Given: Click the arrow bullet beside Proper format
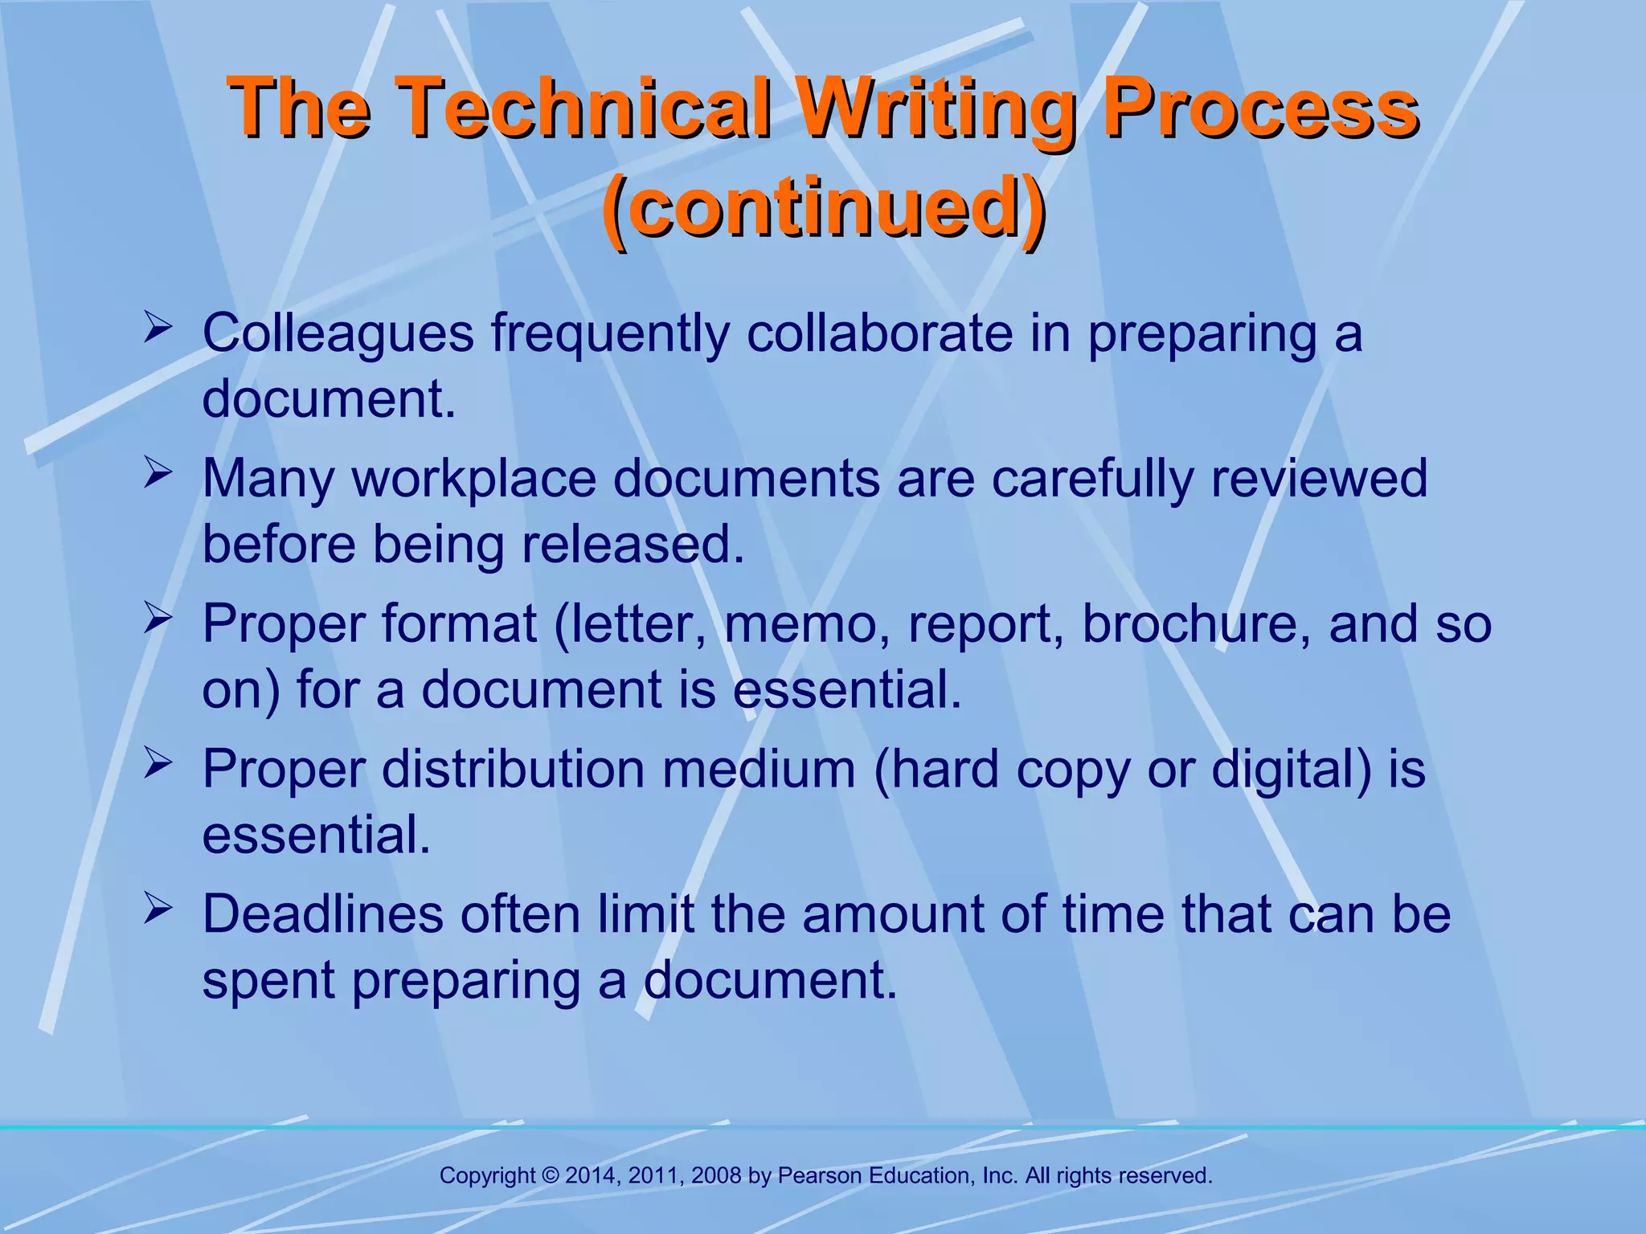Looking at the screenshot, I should [x=158, y=619].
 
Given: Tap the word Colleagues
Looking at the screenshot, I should [x=338, y=333].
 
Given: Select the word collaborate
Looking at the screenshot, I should [x=879, y=333].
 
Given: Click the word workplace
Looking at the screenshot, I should [x=474, y=479].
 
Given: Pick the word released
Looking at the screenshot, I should [x=633, y=545].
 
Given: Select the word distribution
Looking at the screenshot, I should [x=513, y=769].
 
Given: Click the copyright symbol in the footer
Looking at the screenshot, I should [x=551, y=1176].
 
